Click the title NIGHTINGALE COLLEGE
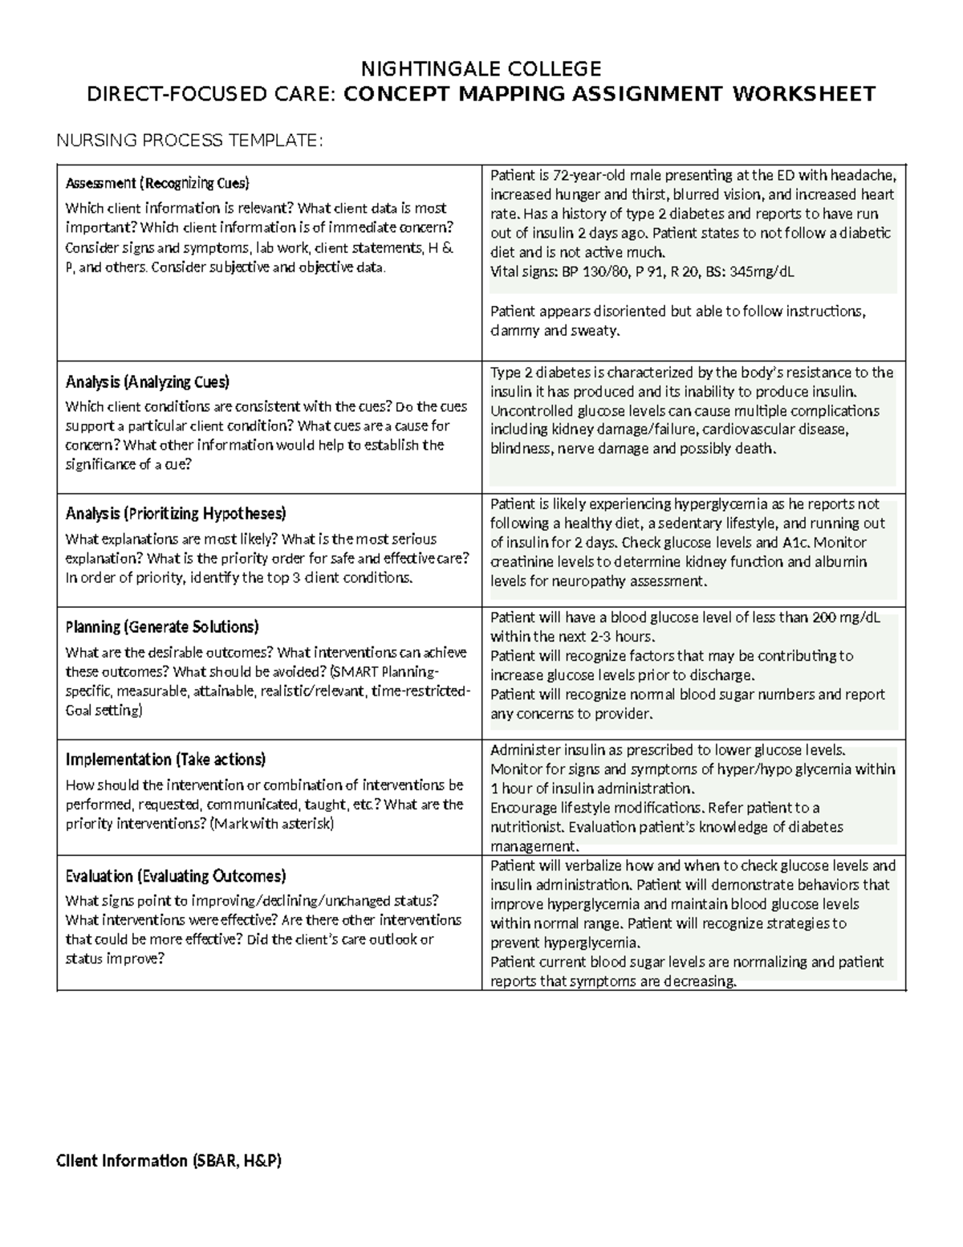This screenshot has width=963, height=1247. pyautogui.click(x=481, y=67)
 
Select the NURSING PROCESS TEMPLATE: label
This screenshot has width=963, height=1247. pyautogui.click(x=189, y=141)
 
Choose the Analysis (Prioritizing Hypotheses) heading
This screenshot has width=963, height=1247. pyautogui.click(x=176, y=513)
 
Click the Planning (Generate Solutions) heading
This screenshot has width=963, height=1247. pyautogui.click(x=162, y=626)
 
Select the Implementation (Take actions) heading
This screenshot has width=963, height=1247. pyautogui.click(x=165, y=759)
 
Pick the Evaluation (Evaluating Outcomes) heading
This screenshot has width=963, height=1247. pyautogui.click(x=176, y=875)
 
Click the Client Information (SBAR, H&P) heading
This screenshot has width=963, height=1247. pyautogui.click(x=169, y=1160)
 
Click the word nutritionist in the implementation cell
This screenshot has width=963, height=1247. pyautogui.click(x=526, y=827)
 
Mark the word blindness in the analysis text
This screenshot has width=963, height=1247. pyautogui.click(x=520, y=449)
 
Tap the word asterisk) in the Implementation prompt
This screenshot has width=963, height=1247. pyautogui.click(x=306, y=824)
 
